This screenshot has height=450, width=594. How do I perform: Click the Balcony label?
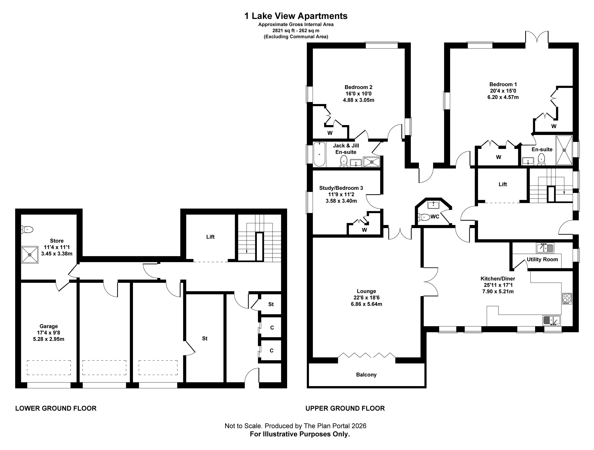coord(366,375)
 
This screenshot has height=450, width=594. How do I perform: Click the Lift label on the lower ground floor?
coord(211,237)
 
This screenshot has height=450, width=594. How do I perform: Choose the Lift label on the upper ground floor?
coord(503,184)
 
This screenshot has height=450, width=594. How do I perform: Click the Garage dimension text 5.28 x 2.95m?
coord(49,339)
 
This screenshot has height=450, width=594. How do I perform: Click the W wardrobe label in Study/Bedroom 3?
coord(364,230)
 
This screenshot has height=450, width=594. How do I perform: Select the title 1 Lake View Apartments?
coord(296,16)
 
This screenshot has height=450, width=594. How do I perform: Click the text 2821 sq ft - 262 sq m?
coord(296,31)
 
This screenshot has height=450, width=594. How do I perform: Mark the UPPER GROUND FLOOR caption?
coord(345,408)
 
